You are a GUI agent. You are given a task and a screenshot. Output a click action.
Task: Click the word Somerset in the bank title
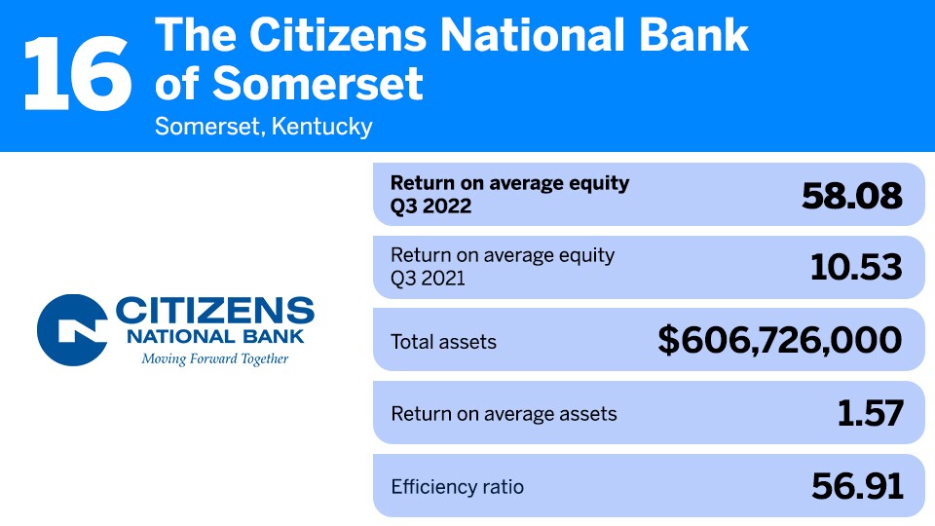tap(318, 84)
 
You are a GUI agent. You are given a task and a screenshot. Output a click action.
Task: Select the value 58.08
tap(852, 196)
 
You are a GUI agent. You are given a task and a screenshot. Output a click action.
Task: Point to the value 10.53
tap(856, 268)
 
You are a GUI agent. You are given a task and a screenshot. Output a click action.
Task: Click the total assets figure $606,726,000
tap(779, 340)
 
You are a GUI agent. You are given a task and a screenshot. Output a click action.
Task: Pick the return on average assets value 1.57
tap(870, 413)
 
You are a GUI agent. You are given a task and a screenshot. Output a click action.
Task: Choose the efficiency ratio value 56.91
tap(857, 485)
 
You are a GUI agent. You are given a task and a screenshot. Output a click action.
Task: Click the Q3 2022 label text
tap(430, 207)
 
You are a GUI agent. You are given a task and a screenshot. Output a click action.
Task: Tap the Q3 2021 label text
tap(430, 279)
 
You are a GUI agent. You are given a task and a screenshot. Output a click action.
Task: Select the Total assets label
tap(443, 342)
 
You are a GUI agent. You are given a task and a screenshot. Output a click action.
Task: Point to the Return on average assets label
tap(504, 414)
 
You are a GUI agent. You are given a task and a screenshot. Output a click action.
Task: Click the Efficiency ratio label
tap(457, 486)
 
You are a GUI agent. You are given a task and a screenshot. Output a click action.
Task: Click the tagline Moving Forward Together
tap(215, 358)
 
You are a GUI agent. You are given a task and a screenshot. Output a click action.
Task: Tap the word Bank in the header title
tap(700, 36)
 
